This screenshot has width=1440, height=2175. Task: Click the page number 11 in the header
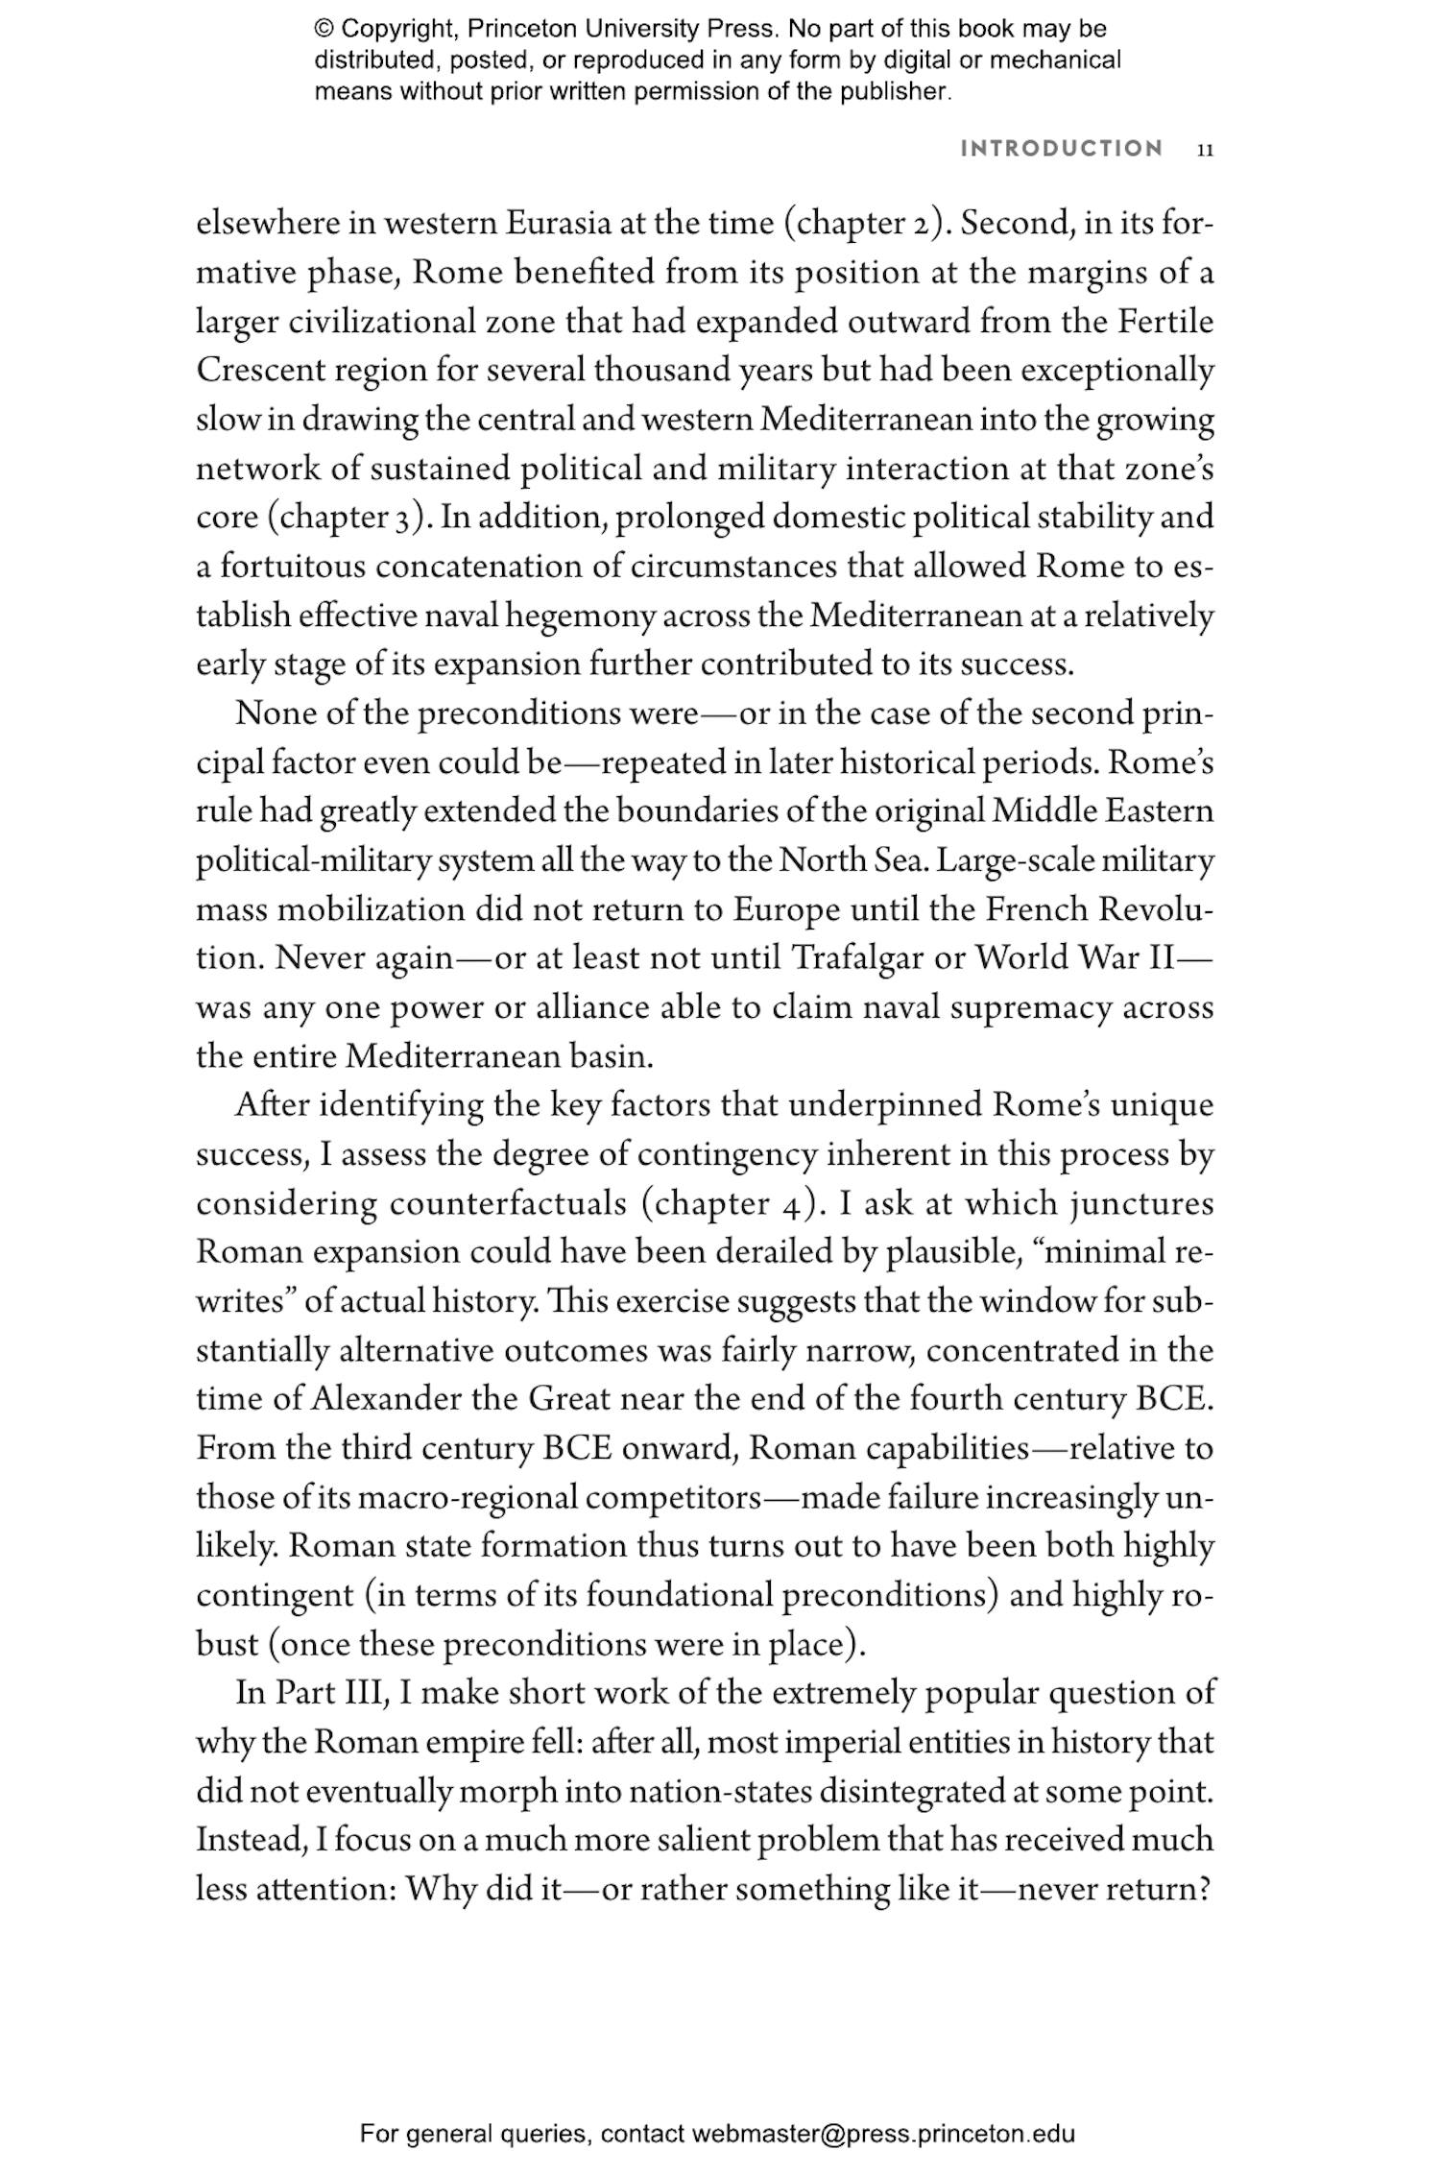click(x=1206, y=150)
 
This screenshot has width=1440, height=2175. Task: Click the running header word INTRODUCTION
click(x=1062, y=149)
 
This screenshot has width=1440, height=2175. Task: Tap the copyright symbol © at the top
click(x=323, y=29)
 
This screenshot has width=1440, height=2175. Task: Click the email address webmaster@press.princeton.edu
click(x=882, y=2135)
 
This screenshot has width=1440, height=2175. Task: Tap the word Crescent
click(x=249, y=371)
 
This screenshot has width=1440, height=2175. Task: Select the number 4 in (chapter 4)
click(x=785, y=1204)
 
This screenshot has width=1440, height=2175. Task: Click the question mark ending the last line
click(x=1206, y=1889)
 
